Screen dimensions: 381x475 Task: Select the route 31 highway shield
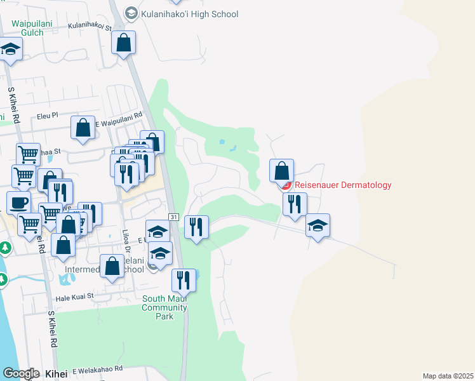tap(173, 217)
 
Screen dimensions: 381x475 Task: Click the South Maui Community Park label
tap(165, 307)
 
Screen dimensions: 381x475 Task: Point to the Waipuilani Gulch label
tap(28, 28)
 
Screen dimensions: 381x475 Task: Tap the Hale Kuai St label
tap(74, 296)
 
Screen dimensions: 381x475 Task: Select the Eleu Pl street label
tap(47, 116)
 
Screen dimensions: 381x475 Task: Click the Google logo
tap(21, 373)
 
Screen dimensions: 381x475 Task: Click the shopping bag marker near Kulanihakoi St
tap(124, 43)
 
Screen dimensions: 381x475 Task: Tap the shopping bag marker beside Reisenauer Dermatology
tap(281, 171)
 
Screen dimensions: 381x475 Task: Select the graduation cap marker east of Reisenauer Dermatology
tap(318, 225)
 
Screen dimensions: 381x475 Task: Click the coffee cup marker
tap(19, 203)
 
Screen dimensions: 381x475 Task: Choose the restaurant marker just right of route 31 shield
tap(197, 227)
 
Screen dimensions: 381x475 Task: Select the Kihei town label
tap(57, 374)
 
